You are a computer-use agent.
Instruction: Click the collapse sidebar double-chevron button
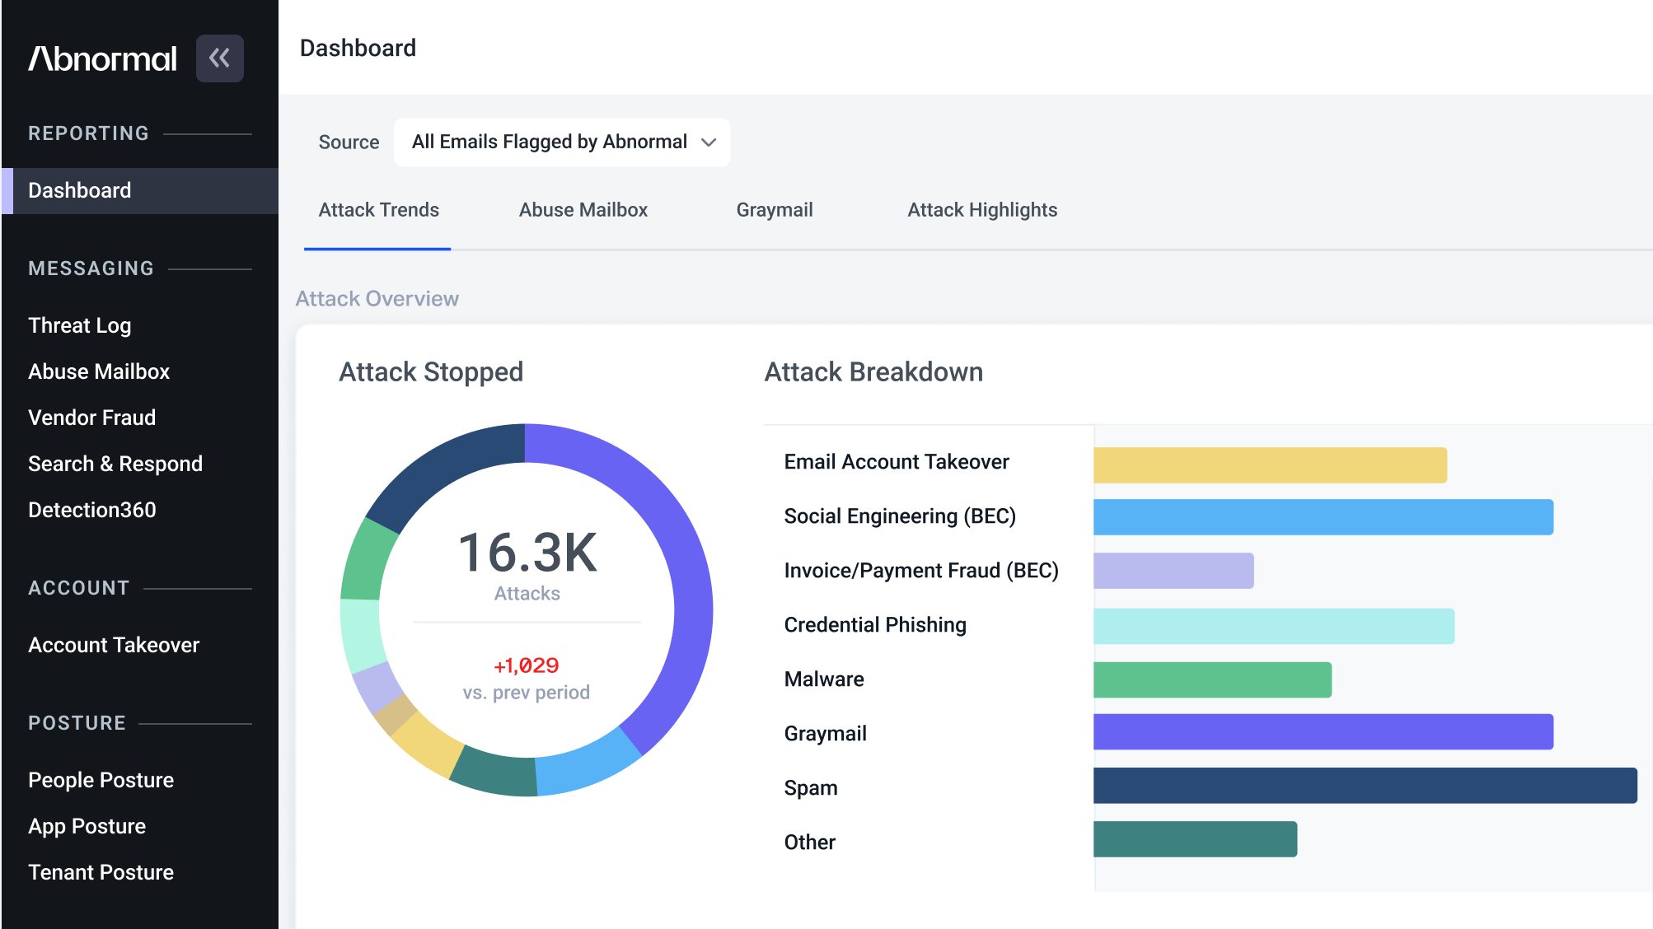click(x=219, y=58)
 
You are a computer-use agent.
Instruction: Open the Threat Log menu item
click(x=80, y=325)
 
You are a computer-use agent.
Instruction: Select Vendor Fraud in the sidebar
click(x=92, y=418)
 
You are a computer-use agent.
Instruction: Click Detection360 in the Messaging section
click(x=92, y=510)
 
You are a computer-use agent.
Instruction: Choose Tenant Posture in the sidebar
click(x=101, y=872)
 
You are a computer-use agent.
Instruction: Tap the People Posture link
click(x=101, y=780)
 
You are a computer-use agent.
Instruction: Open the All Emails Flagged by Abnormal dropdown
click(x=562, y=142)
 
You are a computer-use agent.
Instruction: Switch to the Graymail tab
click(x=775, y=210)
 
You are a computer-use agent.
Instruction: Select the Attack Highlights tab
click(x=982, y=210)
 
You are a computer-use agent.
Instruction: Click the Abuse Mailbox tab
click(x=583, y=210)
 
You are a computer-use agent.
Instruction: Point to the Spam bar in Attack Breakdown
click(x=1365, y=786)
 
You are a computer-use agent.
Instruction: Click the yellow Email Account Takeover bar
click(x=1270, y=465)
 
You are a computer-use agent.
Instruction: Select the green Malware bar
click(x=1212, y=680)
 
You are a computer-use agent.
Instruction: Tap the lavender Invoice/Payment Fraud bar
click(x=1173, y=571)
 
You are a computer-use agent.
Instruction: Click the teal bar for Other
click(x=1195, y=839)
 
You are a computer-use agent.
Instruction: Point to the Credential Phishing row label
click(x=875, y=625)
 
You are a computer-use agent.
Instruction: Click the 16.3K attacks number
click(x=527, y=552)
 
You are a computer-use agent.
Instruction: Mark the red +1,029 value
click(x=527, y=665)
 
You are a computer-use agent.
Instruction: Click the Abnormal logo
click(x=103, y=58)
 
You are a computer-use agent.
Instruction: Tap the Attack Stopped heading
click(x=431, y=372)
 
